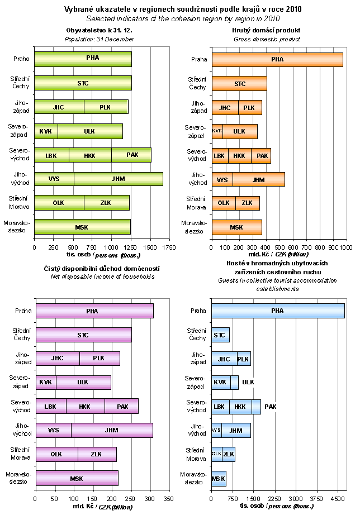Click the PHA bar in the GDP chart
click(277, 59)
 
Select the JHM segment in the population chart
click(118, 179)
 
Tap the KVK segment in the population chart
click(45, 131)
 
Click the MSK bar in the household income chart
click(77, 479)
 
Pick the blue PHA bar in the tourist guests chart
click(277, 311)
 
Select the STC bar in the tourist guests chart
click(220, 335)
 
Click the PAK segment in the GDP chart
click(261, 156)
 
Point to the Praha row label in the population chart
click(22, 59)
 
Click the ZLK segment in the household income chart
click(97, 454)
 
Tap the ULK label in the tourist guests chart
click(248, 383)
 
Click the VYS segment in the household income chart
click(53, 431)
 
